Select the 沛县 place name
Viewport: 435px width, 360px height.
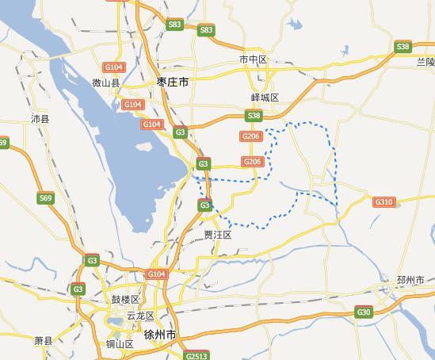point(40,118)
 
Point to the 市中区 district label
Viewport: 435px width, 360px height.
point(254,60)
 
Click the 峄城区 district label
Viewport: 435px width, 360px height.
point(265,98)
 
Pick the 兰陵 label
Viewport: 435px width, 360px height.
point(425,62)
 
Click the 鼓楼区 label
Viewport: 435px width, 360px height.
point(125,300)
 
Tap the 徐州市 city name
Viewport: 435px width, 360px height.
point(161,335)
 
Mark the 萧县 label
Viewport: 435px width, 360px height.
point(43,340)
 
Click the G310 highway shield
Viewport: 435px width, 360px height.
point(384,203)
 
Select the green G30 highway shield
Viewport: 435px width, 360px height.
point(364,312)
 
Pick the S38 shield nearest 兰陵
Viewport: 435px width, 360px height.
point(403,48)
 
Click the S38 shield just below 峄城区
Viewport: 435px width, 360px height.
point(254,117)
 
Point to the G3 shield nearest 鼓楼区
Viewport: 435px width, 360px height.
point(92,260)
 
